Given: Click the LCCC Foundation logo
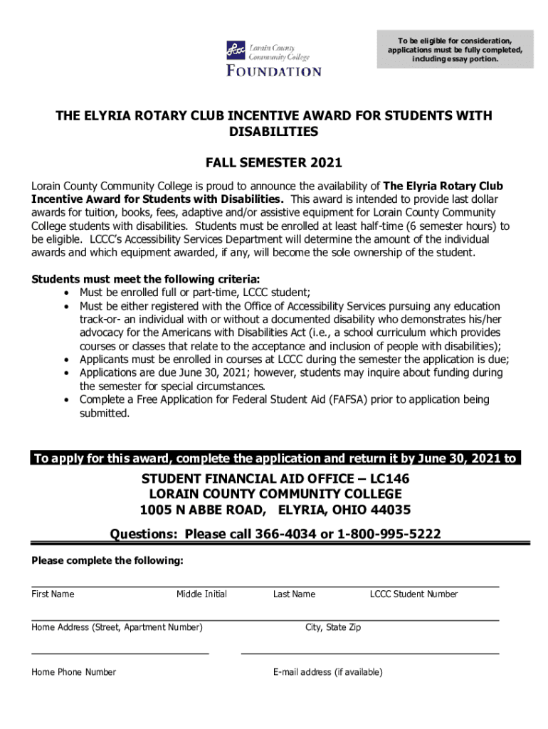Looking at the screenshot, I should point(273,58).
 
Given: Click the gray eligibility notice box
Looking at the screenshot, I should point(455,49).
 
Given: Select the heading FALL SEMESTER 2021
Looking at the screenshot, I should point(274,162).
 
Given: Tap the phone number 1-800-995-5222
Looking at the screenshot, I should point(394,535).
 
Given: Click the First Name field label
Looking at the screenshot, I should point(53,594).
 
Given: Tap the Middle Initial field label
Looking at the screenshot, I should point(201,594).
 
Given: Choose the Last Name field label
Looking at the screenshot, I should point(294,594).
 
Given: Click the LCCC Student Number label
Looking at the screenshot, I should point(413,594).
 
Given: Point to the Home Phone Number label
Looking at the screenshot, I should point(73,672).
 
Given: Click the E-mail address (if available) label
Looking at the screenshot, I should point(327,672).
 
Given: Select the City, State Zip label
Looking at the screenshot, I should point(333,627).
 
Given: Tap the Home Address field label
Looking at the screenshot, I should point(117,627).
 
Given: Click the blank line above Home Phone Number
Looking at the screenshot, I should point(120,653).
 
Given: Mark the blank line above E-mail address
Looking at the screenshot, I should point(370,653).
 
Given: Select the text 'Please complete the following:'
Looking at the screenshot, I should point(107,561).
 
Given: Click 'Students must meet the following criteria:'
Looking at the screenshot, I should point(145,278).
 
